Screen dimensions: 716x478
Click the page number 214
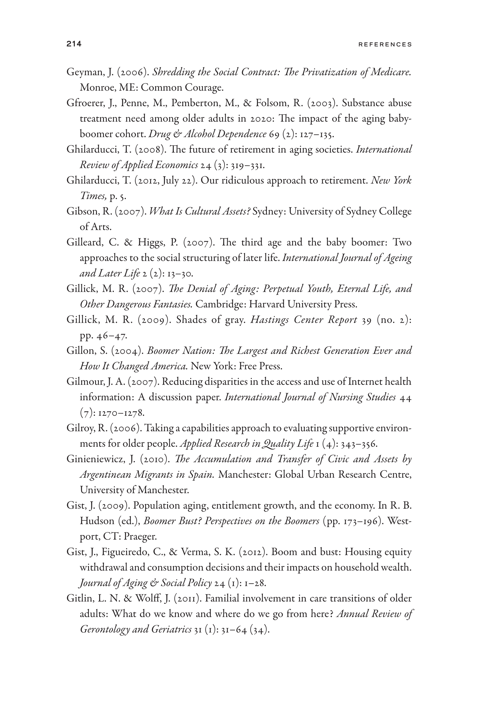tap(74, 44)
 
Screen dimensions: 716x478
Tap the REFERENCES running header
tap(385, 44)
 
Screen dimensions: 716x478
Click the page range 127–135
tap(317, 134)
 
